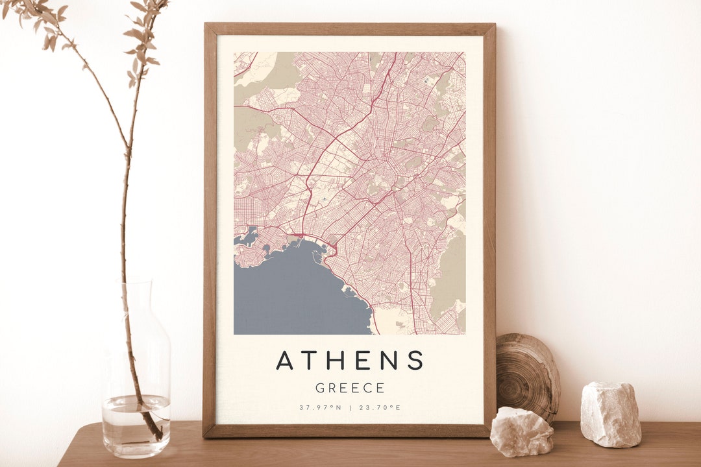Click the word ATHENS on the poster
point(350,360)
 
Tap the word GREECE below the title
point(350,388)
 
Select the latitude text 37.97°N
point(320,407)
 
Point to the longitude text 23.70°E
point(380,407)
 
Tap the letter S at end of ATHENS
point(415,360)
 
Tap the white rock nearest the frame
point(521,431)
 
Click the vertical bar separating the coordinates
point(350,407)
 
